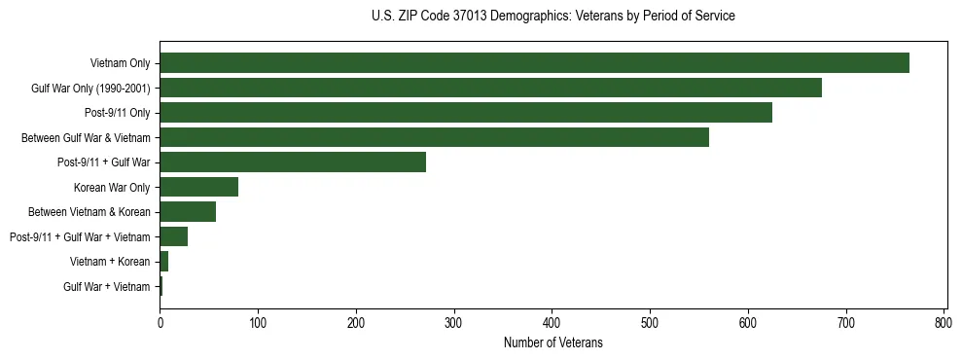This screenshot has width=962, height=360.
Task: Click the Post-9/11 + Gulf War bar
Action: tap(293, 162)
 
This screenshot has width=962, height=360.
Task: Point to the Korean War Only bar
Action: tap(198, 187)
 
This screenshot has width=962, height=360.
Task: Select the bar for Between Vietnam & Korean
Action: tap(188, 212)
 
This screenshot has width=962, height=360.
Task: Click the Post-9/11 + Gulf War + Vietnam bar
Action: tap(173, 236)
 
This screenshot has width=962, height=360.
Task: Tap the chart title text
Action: tap(552, 17)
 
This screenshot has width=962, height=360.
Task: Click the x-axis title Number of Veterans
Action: tap(552, 342)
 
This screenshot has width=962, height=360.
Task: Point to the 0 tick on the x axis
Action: tap(160, 322)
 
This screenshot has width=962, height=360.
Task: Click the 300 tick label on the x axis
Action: tap(454, 322)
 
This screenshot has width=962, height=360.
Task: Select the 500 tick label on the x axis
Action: tap(650, 322)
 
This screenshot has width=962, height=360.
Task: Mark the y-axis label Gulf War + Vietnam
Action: tap(107, 287)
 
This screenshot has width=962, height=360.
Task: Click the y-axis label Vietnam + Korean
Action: tap(110, 262)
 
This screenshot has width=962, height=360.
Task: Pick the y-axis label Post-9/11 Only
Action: tap(117, 113)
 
